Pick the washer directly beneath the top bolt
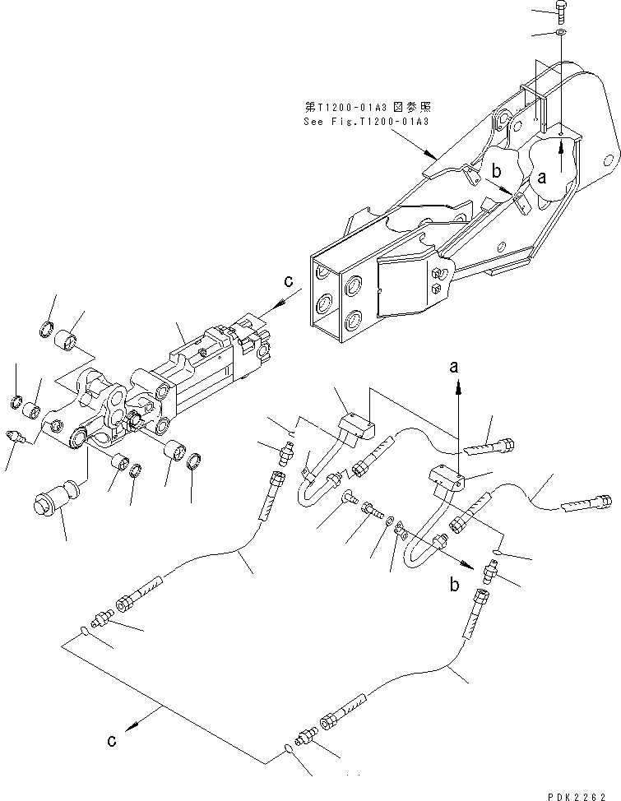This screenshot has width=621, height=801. pyautogui.click(x=559, y=34)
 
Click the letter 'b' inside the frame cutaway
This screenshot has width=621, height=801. pyautogui.click(x=496, y=171)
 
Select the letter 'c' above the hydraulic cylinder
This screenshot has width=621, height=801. pyautogui.click(x=288, y=281)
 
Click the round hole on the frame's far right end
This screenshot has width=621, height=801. pyautogui.click(x=609, y=157)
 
